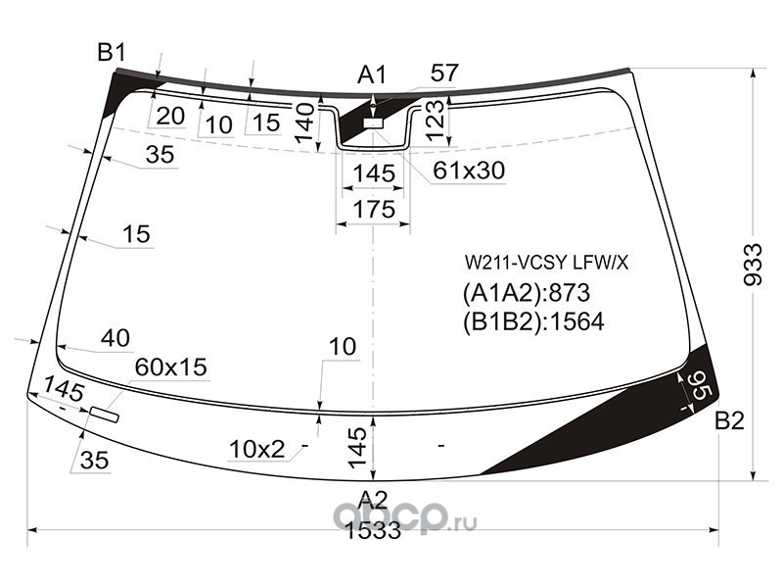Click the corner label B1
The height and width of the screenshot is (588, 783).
tap(112, 52)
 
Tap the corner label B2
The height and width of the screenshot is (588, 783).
tap(729, 421)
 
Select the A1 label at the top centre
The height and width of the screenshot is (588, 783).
tap(372, 75)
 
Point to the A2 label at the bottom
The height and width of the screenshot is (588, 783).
tap(373, 500)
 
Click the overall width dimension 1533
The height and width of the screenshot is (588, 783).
tap(373, 530)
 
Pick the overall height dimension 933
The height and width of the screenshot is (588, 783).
tap(753, 265)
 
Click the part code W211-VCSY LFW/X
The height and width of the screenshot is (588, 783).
tap(546, 263)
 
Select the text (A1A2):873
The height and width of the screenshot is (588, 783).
tap(527, 293)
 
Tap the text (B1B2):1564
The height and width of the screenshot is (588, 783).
tap(533, 321)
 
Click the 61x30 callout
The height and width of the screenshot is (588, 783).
tap(469, 171)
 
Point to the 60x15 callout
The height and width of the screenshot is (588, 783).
tap(170, 367)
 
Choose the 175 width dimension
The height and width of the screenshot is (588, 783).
tap(374, 209)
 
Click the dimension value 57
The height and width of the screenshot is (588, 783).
tap(444, 73)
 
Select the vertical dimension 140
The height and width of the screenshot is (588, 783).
tap(305, 123)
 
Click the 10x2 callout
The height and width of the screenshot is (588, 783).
tap(256, 450)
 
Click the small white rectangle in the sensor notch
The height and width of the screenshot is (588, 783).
tap(373, 123)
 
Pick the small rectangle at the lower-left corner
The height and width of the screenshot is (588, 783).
tap(105, 415)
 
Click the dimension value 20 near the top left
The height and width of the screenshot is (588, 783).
tap(170, 116)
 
